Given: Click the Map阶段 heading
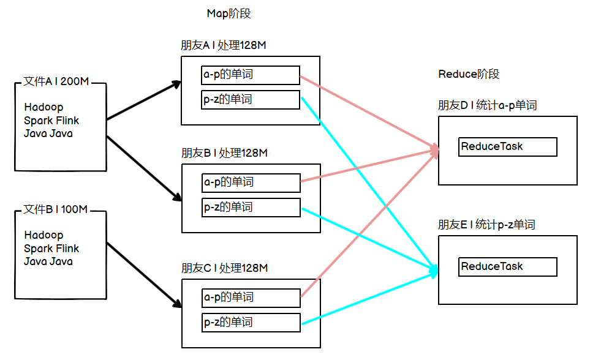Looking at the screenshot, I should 229,13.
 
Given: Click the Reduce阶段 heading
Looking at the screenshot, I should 469,74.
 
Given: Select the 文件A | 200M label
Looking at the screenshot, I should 56,81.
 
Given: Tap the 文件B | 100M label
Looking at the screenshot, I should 55,209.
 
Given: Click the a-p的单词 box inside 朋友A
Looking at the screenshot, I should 251,75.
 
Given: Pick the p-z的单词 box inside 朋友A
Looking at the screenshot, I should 251,100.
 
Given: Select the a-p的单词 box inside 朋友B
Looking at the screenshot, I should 251,183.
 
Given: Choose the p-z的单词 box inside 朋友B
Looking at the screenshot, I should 251,208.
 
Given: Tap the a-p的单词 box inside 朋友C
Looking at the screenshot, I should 251,298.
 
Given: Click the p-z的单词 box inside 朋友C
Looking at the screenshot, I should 251,323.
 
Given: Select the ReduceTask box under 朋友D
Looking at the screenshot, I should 507,147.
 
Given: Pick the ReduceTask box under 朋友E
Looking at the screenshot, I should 507,267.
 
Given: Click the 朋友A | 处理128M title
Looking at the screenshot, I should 223,45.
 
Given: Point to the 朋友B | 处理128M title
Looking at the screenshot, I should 224,153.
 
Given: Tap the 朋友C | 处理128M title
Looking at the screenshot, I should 224,268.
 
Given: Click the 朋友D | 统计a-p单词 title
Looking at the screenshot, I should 487,105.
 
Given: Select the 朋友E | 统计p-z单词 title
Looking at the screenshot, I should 486,225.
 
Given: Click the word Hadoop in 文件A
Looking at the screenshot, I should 43,107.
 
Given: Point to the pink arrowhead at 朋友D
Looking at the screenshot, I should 436,149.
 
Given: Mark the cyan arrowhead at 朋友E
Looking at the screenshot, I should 435,269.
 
